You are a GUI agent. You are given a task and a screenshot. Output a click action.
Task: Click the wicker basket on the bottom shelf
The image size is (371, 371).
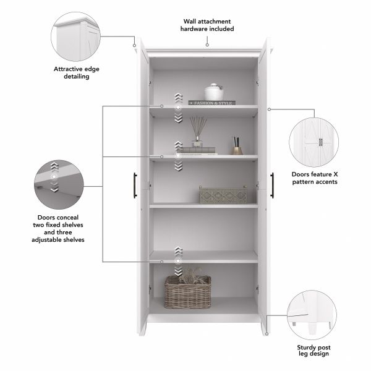[x=187, y=291]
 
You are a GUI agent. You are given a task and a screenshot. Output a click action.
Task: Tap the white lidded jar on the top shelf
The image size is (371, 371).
[x=214, y=92]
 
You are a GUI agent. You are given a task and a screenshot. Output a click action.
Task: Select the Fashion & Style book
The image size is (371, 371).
[x=212, y=103]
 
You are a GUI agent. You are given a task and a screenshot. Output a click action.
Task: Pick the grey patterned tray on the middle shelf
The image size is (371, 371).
[x=222, y=195]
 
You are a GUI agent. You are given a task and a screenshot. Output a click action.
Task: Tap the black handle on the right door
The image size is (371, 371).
[x=271, y=184]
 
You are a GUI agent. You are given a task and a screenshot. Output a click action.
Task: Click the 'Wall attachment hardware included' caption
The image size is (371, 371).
[x=207, y=25]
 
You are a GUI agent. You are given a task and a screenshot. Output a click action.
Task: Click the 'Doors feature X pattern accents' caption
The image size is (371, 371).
[x=318, y=178]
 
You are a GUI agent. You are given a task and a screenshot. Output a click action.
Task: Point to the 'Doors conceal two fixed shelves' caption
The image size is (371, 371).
[x=60, y=228]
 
